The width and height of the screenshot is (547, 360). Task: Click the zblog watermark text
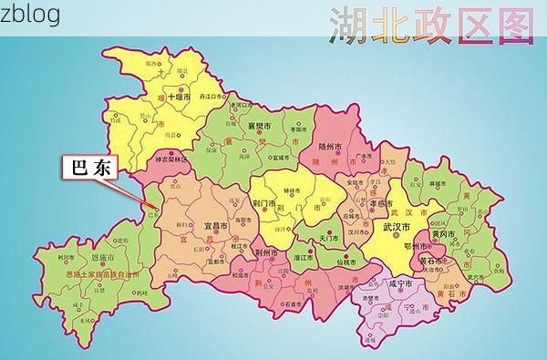30,15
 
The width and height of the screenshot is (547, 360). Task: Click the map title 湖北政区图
431,26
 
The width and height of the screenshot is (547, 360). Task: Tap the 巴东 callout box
88,170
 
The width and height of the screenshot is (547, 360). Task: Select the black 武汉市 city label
397,226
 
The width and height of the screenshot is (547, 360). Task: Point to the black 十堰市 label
176,95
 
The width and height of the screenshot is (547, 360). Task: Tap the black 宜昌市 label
217,225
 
